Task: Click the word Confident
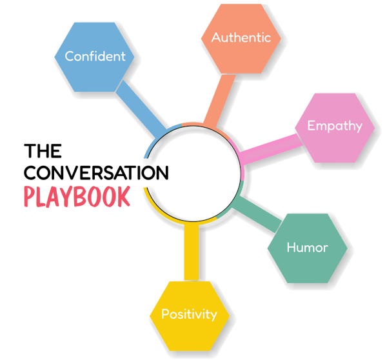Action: pyautogui.click(x=95, y=56)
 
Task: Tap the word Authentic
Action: pyautogui.click(x=241, y=37)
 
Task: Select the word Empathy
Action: pyautogui.click(x=335, y=126)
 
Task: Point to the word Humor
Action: pyautogui.click(x=307, y=247)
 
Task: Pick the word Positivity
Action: pyautogui.click(x=189, y=314)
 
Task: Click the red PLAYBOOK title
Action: pyautogui.click(x=77, y=197)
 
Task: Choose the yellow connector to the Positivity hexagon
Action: pyautogui.click(x=192, y=252)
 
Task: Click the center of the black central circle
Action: pyautogui.click(x=192, y=174)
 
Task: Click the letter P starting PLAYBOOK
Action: pyautogui.click(x=30, y=197)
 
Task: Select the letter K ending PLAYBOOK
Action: pyautogui.click(x=124, y=197)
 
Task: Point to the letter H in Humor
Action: pyautogui.click(x=291, y=247)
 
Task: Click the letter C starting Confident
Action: pyautogui.click(x=69, y=56)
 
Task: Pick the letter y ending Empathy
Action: pyautogui.click(x=358, y=127)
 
